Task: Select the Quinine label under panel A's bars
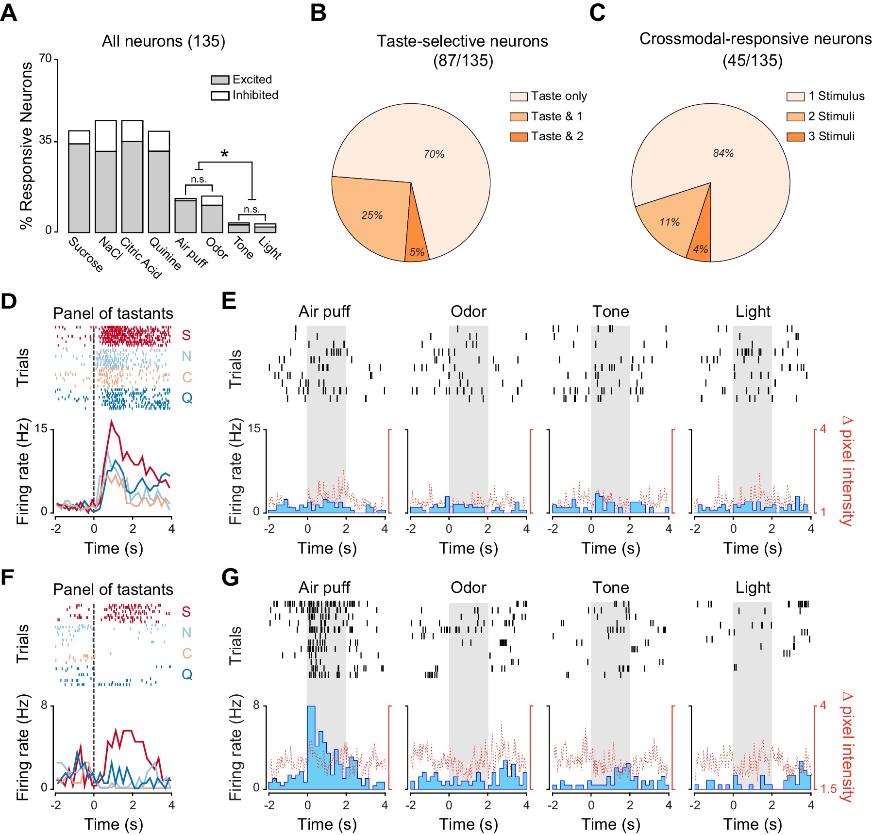(x=166, y=253)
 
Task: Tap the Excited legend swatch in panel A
(x=219, y=80)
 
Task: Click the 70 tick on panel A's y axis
(x=45, y=59)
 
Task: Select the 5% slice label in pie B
(x=417, y=252)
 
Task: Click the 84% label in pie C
(x=723, y=153)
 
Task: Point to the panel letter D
(x=9, y=301)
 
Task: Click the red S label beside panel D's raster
(x=186, y=335)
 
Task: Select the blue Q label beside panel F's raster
(x=187, y=674)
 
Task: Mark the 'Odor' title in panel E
(x=468, y=311)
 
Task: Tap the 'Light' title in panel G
(x=753, y=588)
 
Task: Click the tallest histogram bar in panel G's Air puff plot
(x=311, y=747)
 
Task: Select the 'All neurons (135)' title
(x=164, y=41)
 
